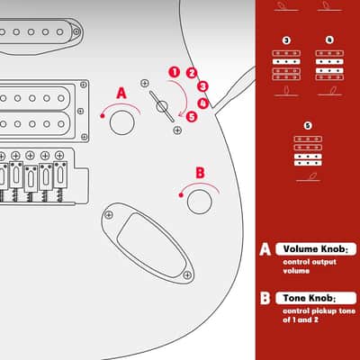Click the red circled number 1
tap(175, 72)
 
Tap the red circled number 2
tap(192, 73)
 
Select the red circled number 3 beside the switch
tap(202, 86)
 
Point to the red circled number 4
tap(203, 103)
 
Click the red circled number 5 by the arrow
tap(192, 116)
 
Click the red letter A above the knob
tap(121, 94)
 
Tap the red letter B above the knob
tap(200, 173)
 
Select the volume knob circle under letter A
tap(121, 122)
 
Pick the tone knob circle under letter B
tap(200, 202)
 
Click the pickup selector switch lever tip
tap(172, 121)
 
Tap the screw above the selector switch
tap(145, 84)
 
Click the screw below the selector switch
tap(177, 130)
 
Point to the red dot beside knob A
tap(103, 116)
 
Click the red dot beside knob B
tap(181, 195)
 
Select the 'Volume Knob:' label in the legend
tap(316, 249)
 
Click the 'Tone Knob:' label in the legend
tap(310, 298)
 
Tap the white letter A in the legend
tap(265, 249)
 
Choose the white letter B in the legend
tap(265, 298)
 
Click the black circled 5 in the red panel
tap(308, 125)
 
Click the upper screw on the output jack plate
tap(109, 215)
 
